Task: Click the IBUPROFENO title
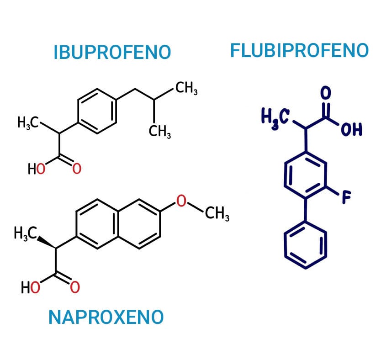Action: click(x=112, y=52)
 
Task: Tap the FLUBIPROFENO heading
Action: click(x=300, y=51)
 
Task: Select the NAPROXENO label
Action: click(x=106, y=317)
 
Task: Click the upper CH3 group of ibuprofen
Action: click(x=186, y=88)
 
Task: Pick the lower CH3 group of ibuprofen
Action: click(x=160, y=132)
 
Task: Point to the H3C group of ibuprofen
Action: click(x=28, y=122)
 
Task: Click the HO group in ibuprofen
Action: click(x=37, y=169)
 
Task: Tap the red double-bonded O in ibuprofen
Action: click(x=77, y=169)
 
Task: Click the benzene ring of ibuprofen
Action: click(x=78, y=111)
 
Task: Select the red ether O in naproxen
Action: click(x=181, y=201)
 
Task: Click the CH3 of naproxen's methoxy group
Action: click(x=217, y=213)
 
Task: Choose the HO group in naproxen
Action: click(x=30, y=287)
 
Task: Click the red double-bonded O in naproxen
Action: click(x=75, y=287)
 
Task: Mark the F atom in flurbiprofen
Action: click(x=346, y=197)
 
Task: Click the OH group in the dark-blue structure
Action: click(x=352, y=129)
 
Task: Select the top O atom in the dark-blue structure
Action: click(x=326, y=93)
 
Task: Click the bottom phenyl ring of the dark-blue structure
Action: click(x=285, y=245)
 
